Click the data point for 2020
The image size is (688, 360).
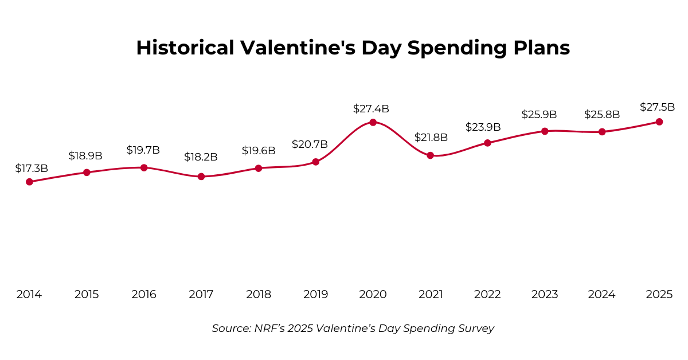pyautogui.click(x=373, y=122)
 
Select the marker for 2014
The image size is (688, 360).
pyautogui.click(x=29, y=182)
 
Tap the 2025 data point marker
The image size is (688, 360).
pyautogui.click(x=659, y=122)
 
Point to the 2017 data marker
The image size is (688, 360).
pyautogui.click(x=201, y=177)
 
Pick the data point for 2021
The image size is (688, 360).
pyautogui.click(x=430, y=155)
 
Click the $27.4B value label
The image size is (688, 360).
pyautogui.click(x=371, y=108)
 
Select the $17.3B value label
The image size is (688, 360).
pyautogui.click(x=32, y=169)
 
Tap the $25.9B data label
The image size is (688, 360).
pyautogui.click(x=539, y=115)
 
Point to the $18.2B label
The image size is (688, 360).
pyautogui.click(x=201, y=157)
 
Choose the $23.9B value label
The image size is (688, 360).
pyautogui.click(x=483, y=127)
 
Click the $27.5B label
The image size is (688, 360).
pyautogui.click(x=657, y=107)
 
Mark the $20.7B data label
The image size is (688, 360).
pyautogui.click(x=310, y=144)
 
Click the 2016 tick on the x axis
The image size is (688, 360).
pyautogui.click(x=144, y=295)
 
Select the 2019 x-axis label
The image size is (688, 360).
pyautogui.click(x=315, y=295)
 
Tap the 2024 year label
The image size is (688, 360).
pyautogui.click(x=602, y=295)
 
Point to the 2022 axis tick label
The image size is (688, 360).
pyautogui.click(x=487, y=295)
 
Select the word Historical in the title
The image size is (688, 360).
pyautogui.click(x=185, y=48)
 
